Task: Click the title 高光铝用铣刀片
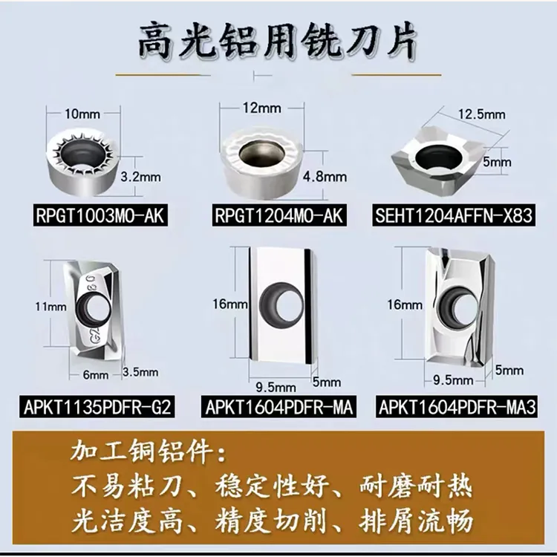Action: click(278, 42)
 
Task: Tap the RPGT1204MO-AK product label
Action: click(278, 216)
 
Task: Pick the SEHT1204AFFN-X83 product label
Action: click(455, 216)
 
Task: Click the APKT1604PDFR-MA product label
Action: click(278, 405)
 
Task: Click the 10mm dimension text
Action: click(82, 115)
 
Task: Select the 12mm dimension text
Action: click(261, 108)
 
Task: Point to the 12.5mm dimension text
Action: click(481, 114)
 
